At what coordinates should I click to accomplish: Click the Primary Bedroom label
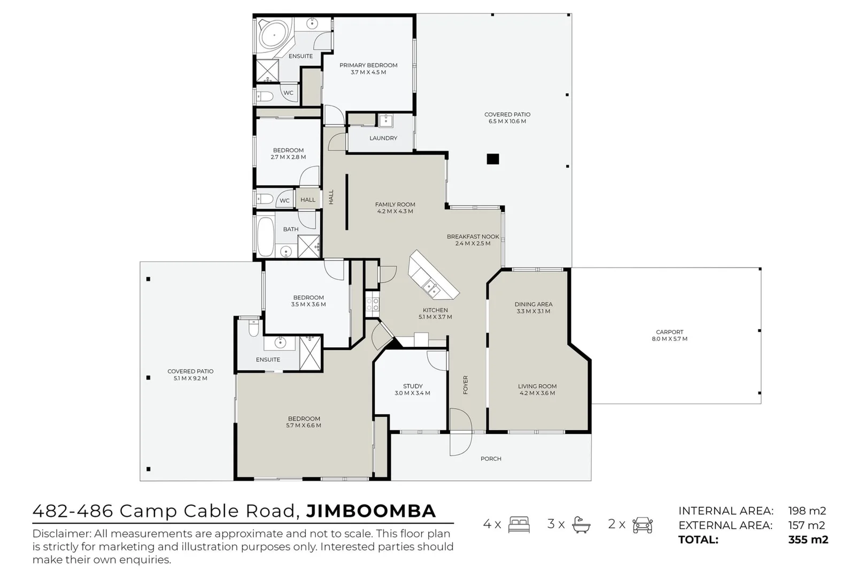click(x=368, y=65)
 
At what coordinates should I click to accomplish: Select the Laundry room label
click(x=383, y=138)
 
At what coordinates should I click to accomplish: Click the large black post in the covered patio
click(x=492, y=159)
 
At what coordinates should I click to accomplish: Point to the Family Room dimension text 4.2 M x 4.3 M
click(x=395, y=211)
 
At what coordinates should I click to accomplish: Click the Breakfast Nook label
click(x=473, y=237)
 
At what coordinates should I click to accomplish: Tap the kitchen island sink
click(x=430, y=288)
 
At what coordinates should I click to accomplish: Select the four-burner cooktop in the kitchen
click(x=373, y=305)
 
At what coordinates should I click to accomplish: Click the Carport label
click(x=669, y=332)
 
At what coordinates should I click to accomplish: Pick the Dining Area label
click(x=533, y=304)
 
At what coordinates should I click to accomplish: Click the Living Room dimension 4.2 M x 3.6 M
click(x=537, y=393)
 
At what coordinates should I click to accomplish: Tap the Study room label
click(x=412, y=386)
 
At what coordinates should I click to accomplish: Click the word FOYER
click(x=466, y=385)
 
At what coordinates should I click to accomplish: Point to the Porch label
click(x=491, y=459)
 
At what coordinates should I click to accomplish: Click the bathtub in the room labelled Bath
click(x=265, y=236)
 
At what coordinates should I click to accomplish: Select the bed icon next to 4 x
click(x=519, y=524)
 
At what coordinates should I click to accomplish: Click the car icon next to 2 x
click(x=642, y=524)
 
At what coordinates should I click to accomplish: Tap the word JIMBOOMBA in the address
click(x=371, y=511)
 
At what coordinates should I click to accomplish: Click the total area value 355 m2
click(x=808, y=539)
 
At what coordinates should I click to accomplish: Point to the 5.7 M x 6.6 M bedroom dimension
click(x=304, y=426)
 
